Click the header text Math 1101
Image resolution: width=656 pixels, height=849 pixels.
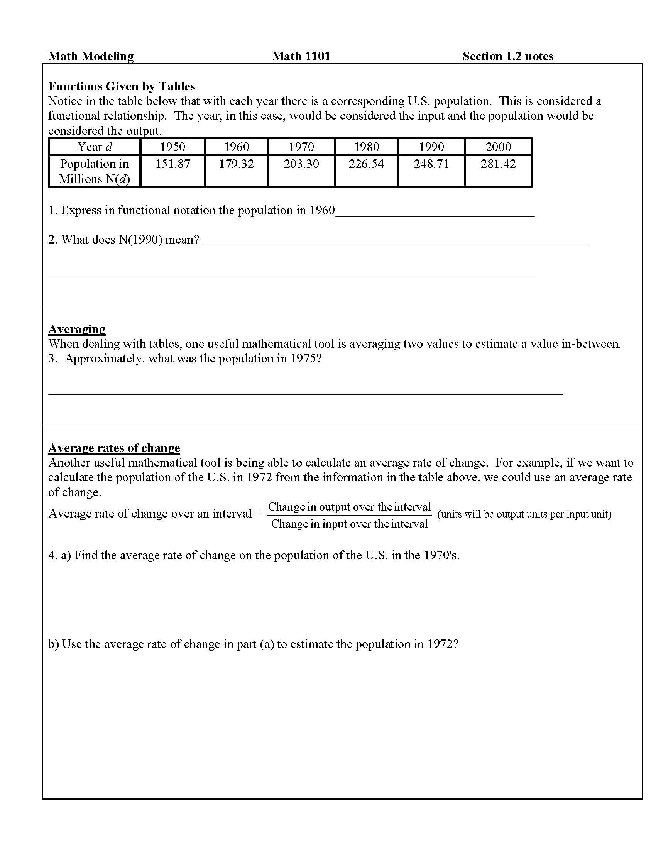point(301,56)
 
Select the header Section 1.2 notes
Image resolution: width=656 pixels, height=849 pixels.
point(507,56)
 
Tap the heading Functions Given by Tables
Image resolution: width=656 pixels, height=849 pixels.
point(121,86)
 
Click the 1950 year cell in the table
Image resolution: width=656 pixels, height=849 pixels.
point(172,147)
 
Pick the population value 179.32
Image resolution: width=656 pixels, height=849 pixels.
point(236,164)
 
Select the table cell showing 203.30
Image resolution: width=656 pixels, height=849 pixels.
point(301,164)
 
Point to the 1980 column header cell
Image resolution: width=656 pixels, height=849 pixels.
point(367,147)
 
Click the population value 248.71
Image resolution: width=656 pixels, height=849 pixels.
point(431,164)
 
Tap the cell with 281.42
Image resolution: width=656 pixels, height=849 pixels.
point(498,164)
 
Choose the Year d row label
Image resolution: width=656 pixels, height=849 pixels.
point(95,147)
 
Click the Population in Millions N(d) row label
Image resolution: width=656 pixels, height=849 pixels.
point(95,171)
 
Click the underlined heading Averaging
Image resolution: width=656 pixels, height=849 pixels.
point(76,329)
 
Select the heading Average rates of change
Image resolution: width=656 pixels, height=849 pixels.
point(114,448)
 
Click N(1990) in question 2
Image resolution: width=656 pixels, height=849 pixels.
point(140,240)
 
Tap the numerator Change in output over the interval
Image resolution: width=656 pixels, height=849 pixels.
point(349,507)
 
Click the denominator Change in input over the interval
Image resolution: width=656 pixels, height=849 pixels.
point(349,524)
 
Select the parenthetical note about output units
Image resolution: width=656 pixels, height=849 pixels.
point(524,514)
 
